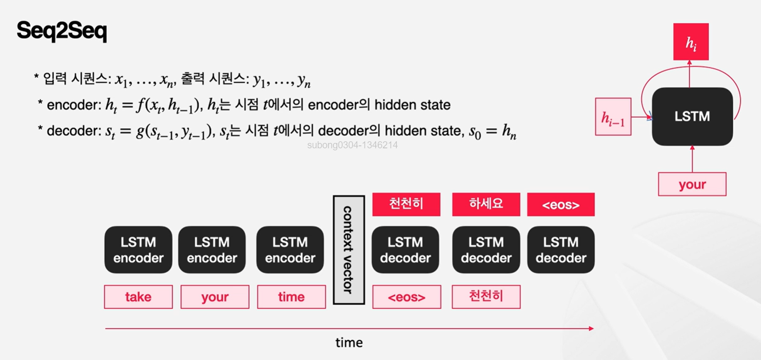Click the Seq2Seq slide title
point(62,31)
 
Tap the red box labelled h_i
point(691,42)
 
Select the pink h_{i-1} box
point(613,117)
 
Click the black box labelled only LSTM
point(692,116)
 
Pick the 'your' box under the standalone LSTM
point(692,184)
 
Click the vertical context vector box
point(349,250)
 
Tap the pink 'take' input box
point(138,297)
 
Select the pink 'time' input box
point(291,297)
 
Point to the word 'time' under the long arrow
point(349,343)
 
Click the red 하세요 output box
point(486,204)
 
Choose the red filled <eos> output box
point(561,204)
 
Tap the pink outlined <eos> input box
point(407,297)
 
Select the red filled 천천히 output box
point(406,204)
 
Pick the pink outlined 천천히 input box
point(486,297)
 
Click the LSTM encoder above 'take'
point(138,250)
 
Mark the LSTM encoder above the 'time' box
point(290,250)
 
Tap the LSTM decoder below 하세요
point(486,250)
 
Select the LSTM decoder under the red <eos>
point(561,250)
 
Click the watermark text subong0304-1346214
point(352,145)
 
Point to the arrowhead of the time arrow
point(591,329)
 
